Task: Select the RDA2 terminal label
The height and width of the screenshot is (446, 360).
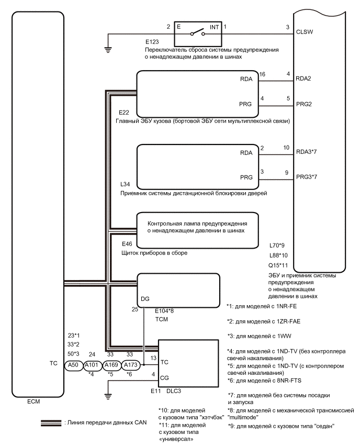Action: pyautogui.click(x=304, y=79)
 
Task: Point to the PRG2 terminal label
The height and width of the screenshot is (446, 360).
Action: pyautogui.click(x=304, y=104)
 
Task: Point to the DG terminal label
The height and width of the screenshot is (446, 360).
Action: pyautogui.click(x=146, y=299)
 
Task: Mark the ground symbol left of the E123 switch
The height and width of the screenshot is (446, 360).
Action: pyautogui.click(x=108, y=50)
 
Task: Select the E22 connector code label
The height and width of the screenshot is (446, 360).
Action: pyautogui.click(x=124, y=113)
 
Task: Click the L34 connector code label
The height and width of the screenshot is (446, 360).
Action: pyautogui.click(x=124, y=185)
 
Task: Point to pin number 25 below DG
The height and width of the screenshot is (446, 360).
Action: pyautogui.click(x=134, y=310)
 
